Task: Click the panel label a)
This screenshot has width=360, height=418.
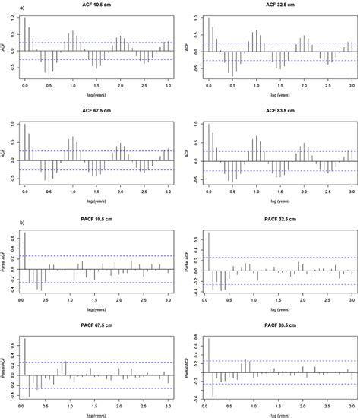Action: [6, 7]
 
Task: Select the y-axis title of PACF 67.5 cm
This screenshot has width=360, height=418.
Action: [5, 369]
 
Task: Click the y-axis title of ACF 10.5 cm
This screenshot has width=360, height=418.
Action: [5, 47]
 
